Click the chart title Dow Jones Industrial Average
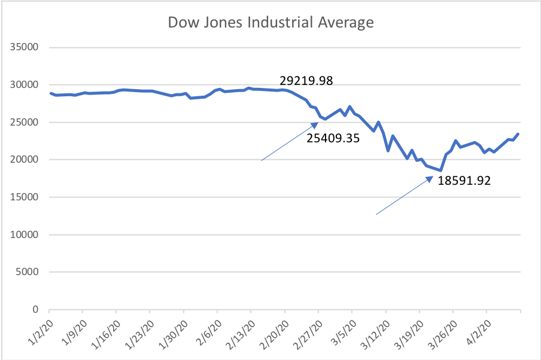point(270,23)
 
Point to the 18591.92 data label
point(464,180)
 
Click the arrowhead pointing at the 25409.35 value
point(314,124)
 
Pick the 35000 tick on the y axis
point(23,47)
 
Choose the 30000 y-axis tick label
point(23,85)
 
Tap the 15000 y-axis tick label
point(23,197)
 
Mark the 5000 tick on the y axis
point(26,272)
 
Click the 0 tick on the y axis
point(35,310)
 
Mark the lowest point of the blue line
point(440,170)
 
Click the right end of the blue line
point(518,134)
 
